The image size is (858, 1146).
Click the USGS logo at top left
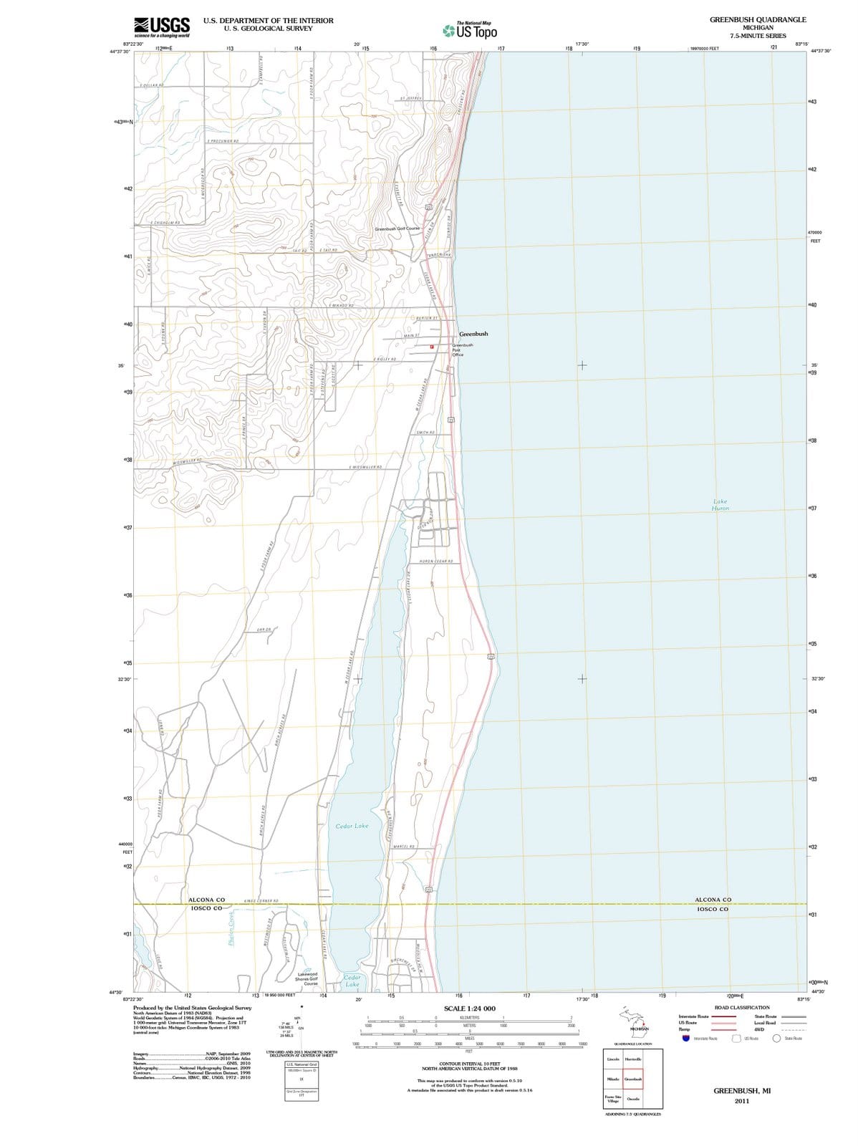[162, 27]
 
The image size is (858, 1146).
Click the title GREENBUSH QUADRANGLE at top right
[758, 20]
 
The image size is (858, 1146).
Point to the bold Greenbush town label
[473, 334]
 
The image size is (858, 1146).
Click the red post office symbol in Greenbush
[433, 347]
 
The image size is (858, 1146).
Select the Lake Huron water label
[720, 505]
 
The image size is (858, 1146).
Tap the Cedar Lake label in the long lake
[352, 826]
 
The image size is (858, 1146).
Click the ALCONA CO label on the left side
[206, 900]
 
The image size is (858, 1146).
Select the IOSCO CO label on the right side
[713, 909]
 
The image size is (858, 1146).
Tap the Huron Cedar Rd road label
[435, 561]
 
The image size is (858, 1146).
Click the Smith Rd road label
[425, 433]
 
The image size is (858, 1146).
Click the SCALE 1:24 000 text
[470, 1008]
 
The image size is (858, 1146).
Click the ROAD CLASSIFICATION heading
[742, 1007]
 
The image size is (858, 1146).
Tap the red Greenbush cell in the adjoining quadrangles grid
[633, 1079]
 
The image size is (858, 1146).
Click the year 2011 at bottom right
[741, 1101]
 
